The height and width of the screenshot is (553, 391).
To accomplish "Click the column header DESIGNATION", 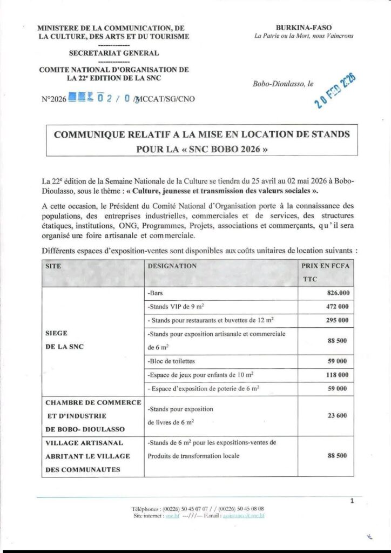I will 172,266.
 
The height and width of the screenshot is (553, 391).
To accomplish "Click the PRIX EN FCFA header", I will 326,266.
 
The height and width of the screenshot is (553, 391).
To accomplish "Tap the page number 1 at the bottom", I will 351,501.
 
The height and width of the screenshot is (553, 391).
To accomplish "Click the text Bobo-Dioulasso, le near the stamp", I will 282,84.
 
